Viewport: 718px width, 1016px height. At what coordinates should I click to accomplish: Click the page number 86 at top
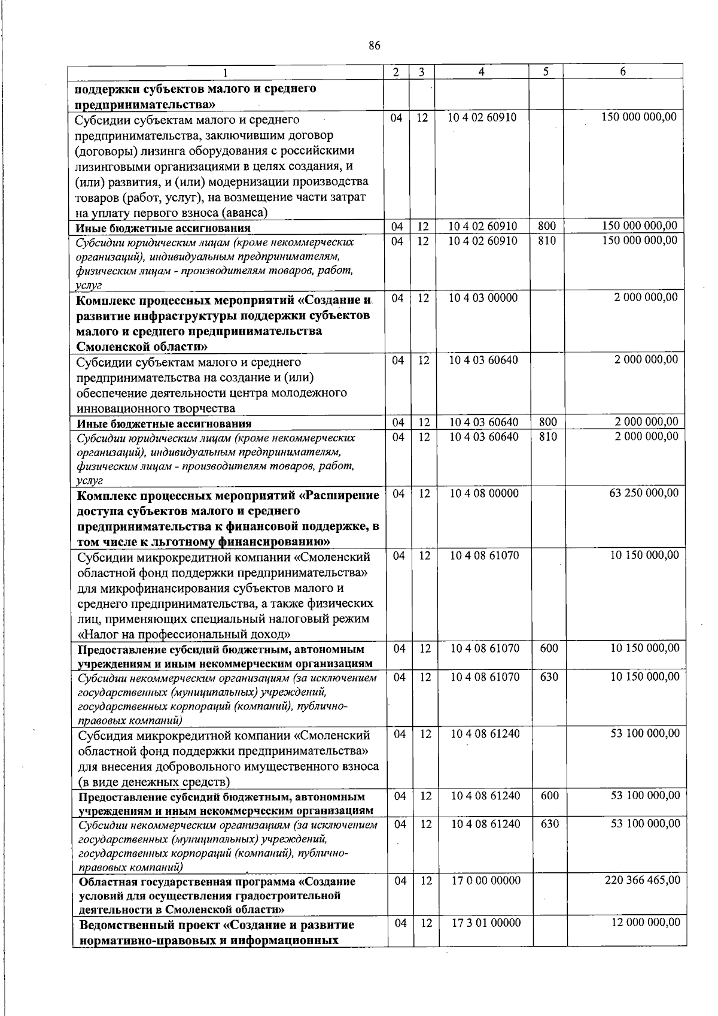(x=375, y=46)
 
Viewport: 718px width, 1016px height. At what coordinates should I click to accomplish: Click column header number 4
(x=482, y=72)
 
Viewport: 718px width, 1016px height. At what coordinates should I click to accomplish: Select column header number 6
(x=623, y=72)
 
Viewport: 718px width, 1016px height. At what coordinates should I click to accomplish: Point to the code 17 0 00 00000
(x=485, y=880)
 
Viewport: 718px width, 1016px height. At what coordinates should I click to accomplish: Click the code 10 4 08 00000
(x=484, y=493)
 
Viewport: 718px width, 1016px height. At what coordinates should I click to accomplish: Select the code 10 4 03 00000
(x=483, y=297)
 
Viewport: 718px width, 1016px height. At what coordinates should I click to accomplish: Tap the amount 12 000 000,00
(x=645, y=923)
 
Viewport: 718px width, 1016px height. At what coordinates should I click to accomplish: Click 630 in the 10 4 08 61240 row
(x=549, y=824)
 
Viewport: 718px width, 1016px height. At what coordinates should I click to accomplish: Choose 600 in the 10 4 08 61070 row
(x=549, y=648)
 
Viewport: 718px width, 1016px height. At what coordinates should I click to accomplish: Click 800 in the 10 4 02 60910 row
(x=547, y=226)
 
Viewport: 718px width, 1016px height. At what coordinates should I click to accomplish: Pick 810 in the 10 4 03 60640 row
(x=548, y=437)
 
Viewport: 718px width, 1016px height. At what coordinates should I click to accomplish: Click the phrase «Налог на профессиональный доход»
(x=185, y=634)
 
